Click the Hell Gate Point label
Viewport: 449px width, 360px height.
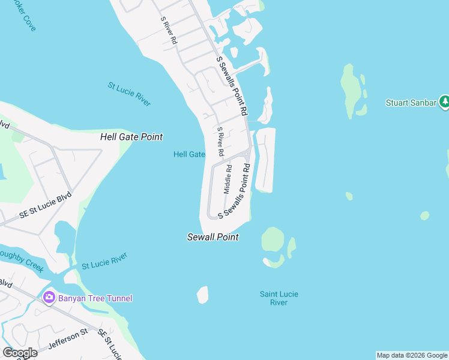coord(131,137)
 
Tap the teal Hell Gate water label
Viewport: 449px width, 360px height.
coord(189,154)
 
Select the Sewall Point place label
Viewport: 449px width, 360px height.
coord(212,237)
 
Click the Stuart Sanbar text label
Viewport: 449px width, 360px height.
coord(411,103)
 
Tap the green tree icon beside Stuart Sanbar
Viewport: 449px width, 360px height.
coord(444,102)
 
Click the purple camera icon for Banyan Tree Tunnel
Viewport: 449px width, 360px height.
coord(49,298)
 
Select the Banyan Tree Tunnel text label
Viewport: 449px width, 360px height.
coord(95,298)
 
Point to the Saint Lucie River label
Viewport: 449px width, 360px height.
coord(279,298)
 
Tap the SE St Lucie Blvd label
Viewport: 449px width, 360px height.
coord(45,205)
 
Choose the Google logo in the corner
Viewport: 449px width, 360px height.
coord(20,353)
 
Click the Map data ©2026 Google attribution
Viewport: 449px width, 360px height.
coord(412,355)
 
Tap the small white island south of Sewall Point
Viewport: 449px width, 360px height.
coord(202,295)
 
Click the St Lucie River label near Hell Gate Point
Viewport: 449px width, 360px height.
coord(129,94)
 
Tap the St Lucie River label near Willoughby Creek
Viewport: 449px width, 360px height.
coord(104,261)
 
